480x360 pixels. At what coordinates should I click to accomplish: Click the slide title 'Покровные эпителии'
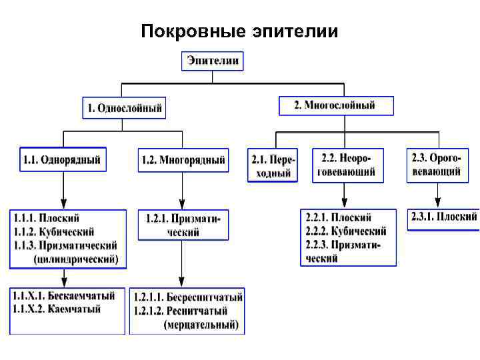(x=239, y=31)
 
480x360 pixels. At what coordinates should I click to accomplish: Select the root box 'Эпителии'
(x=213, y=61)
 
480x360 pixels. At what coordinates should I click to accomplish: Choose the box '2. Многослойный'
(x=335, y=105)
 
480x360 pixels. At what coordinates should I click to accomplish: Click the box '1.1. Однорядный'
(x=63, y=160)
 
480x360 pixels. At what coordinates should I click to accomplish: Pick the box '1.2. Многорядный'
(x=183, y=160)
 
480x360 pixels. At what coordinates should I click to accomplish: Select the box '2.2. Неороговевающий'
(x=345, y=165)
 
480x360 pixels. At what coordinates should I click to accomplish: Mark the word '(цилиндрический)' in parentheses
(x=75, y=259)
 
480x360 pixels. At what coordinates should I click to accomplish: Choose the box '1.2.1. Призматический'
(x=183, y=225)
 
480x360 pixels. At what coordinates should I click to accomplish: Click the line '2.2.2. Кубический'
(x=346, y=231)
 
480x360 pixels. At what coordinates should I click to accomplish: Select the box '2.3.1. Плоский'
(x=443, y=217)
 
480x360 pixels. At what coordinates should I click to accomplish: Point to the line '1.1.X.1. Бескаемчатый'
(x=63, y=295)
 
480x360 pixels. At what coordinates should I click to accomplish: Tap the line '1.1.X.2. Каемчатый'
(x=57, y=309)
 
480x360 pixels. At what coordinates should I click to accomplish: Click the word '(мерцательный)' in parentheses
(x=201, y=325)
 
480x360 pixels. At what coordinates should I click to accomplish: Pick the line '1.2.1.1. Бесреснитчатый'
(x=188, y=297)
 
